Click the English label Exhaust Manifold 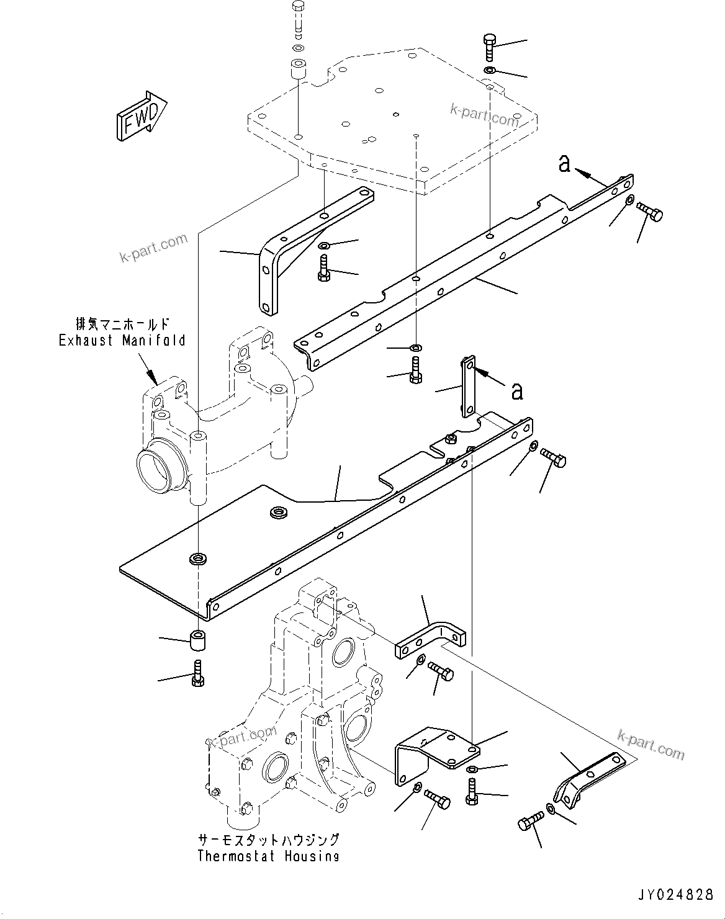(122, 340)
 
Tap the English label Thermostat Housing (268, 856)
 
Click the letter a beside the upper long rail (564, 164)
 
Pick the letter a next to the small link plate (516, 391)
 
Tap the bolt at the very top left (297, 18)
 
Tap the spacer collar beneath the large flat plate (198, 640)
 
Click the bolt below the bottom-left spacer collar (197, 673)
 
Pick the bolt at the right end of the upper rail (651, 213)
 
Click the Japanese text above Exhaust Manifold (122, 324)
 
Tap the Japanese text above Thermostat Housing (268, 840)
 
